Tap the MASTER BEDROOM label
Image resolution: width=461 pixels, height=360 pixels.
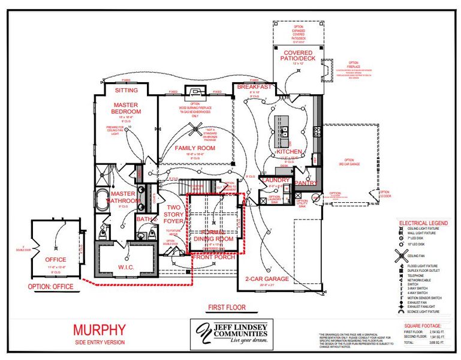tap(126, 108)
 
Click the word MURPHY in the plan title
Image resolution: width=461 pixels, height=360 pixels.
tap(99, 329)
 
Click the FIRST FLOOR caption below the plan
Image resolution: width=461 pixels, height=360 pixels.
tap(227, 307)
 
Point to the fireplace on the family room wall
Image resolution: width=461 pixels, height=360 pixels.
tap(195, 91)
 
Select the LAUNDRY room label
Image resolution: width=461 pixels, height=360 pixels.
tap(276, 180)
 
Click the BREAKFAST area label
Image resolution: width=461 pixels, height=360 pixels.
tap(254, 87)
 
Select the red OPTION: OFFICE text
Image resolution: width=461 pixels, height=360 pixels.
tap(50, 287)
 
